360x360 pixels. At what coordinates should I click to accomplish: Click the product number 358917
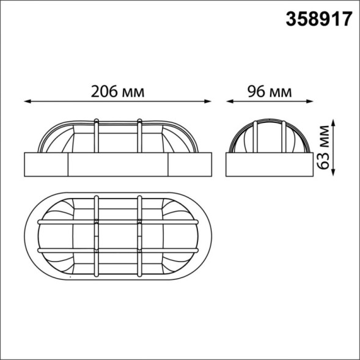318,19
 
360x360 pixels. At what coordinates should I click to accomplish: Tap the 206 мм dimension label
117,92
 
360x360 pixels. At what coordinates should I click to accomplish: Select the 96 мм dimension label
269,92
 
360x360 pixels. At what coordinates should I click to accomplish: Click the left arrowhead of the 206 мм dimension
26,101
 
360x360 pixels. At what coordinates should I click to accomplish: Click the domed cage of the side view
270,136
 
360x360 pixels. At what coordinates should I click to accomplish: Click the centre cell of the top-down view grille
119,235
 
